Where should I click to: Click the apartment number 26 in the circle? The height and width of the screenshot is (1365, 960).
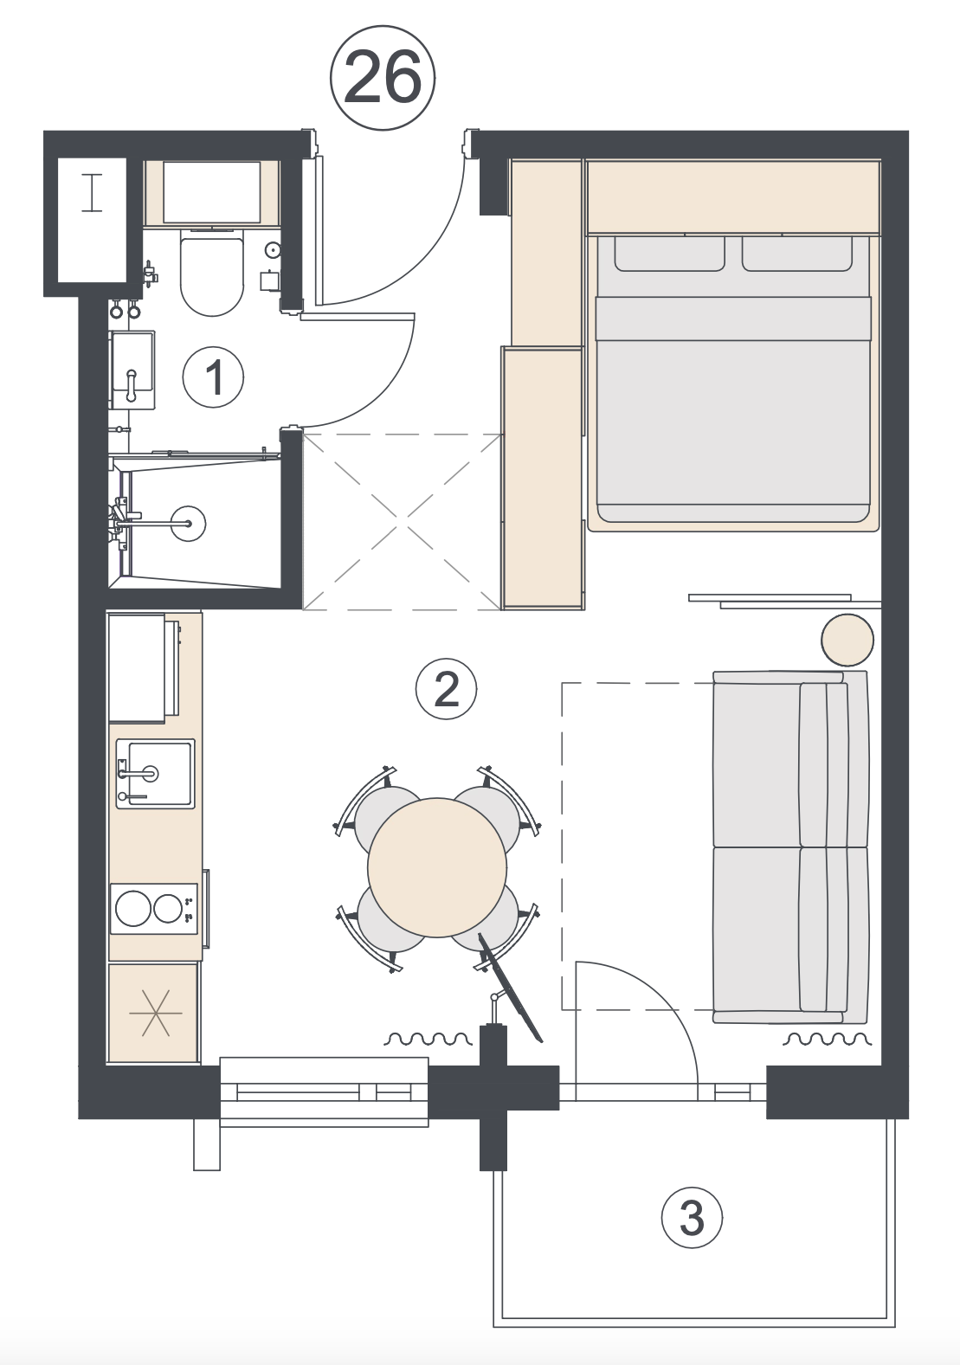point(383,77)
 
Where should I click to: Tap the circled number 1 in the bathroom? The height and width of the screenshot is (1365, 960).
point(213,377)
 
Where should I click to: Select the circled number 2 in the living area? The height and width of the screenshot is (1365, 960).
point(446,690)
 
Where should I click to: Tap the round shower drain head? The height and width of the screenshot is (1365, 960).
point(188,523)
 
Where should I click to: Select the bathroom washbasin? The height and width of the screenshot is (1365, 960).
point(132,370)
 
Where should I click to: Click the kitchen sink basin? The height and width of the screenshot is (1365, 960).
point(156,774)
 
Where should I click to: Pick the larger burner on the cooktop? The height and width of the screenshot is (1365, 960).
point(132,909)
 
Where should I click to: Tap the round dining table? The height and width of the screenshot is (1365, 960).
point(437,867)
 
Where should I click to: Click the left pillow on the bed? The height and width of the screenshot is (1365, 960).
point(669,253)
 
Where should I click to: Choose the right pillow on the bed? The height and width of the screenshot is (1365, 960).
point(796,253)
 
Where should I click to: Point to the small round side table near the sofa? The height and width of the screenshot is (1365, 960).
point(847,640)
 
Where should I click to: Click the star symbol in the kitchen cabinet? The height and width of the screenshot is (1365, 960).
point(156,1013)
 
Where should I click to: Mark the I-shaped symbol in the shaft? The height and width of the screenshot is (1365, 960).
point(92,193)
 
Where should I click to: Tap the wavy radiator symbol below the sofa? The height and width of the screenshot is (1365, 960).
point(826,1039)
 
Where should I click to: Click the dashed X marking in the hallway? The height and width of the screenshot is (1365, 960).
point(403,522)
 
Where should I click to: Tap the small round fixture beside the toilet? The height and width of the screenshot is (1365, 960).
point(273,249)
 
